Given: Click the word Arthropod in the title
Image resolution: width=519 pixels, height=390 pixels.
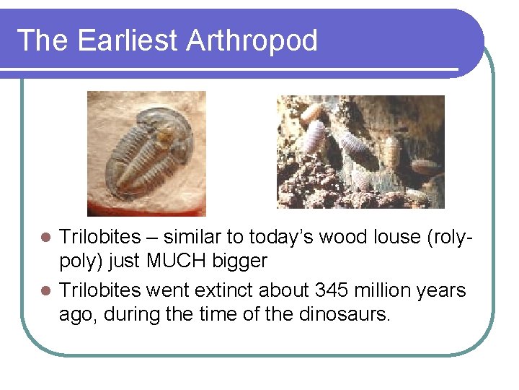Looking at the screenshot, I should pos(252,41).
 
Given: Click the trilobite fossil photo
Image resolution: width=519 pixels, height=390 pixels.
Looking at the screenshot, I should pos(146,153).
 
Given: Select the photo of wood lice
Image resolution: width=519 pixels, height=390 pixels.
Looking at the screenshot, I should pos(360,152).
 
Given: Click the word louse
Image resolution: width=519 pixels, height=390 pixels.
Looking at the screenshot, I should pos(396,237).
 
